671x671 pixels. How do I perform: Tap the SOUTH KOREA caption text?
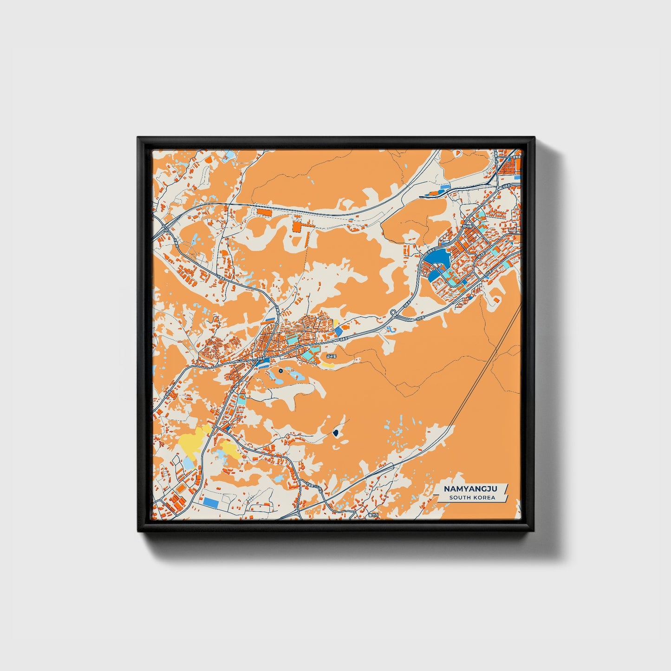coord(472,498)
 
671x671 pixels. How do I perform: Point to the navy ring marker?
coord(281,371)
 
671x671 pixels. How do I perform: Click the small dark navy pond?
coord(335,434)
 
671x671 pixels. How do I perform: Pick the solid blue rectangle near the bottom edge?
coord(211,502)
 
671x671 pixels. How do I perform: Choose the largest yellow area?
coord(191,441)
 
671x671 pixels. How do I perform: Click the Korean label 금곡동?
coord(330,356)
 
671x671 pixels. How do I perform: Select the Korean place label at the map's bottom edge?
coord(370,515)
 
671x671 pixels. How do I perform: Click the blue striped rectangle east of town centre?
coord(339,331)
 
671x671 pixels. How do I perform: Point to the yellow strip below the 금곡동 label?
coord(328,365)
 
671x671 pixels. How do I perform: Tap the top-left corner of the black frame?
coord(138,138)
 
